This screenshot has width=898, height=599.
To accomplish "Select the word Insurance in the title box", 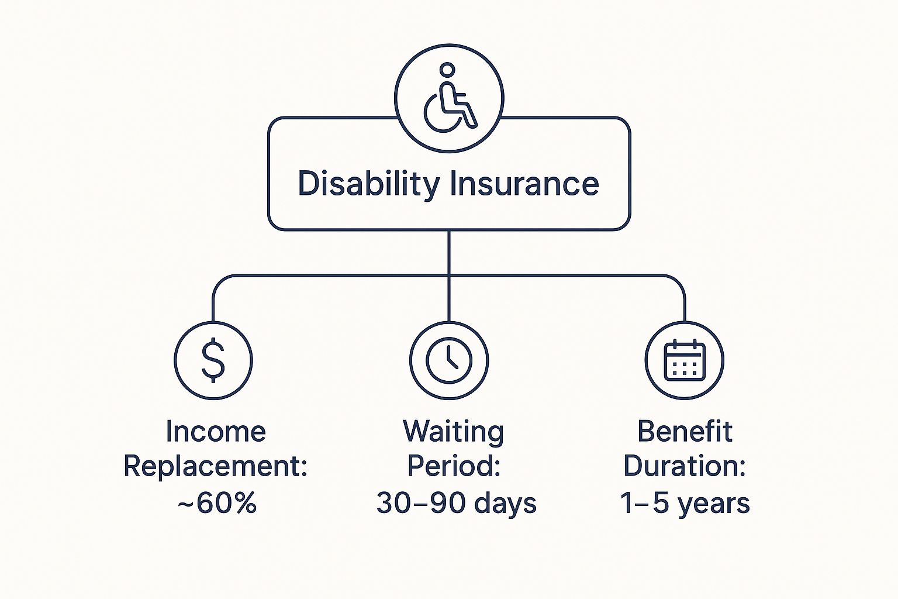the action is click(524, 184).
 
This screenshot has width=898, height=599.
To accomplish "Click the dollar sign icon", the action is click(213, 360).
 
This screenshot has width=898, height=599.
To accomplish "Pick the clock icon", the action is click(448, 360).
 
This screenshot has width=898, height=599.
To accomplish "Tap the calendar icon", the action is click(685, 360).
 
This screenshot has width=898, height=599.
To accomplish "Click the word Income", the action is click(216, 432).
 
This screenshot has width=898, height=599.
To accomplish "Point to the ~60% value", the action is click(216, 502).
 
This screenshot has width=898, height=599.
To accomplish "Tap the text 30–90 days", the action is click(456, 502).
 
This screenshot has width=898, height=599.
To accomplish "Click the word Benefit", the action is click(685, 431).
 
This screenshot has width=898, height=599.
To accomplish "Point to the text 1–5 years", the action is click(685, 503).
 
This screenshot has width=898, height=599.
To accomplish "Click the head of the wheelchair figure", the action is click(447, 69).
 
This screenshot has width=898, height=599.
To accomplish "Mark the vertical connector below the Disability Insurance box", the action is click(448, 276).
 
